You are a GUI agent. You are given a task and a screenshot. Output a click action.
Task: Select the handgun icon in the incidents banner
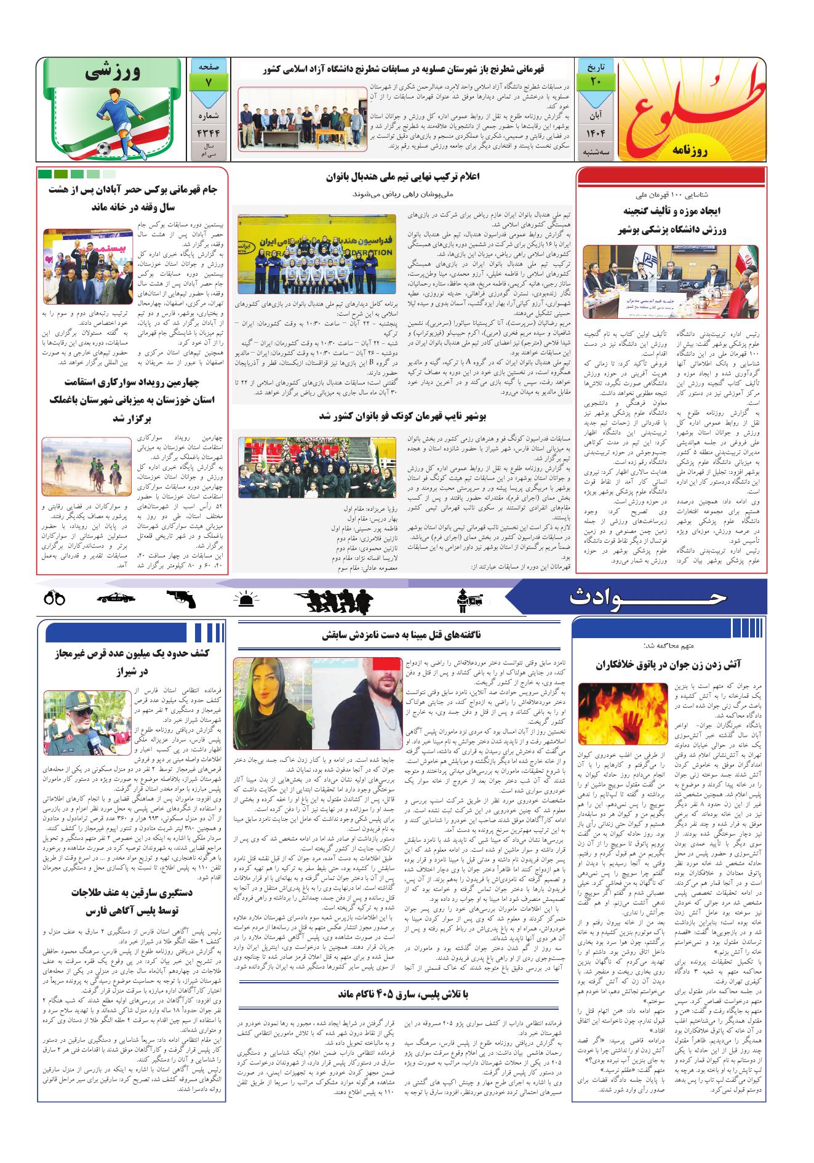[180, 599]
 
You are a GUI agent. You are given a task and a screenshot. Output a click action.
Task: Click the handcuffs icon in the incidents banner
[55, 598]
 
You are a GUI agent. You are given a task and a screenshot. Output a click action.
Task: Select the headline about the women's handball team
[402, 177]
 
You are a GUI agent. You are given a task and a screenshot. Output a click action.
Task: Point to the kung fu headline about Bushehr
[402, 417]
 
